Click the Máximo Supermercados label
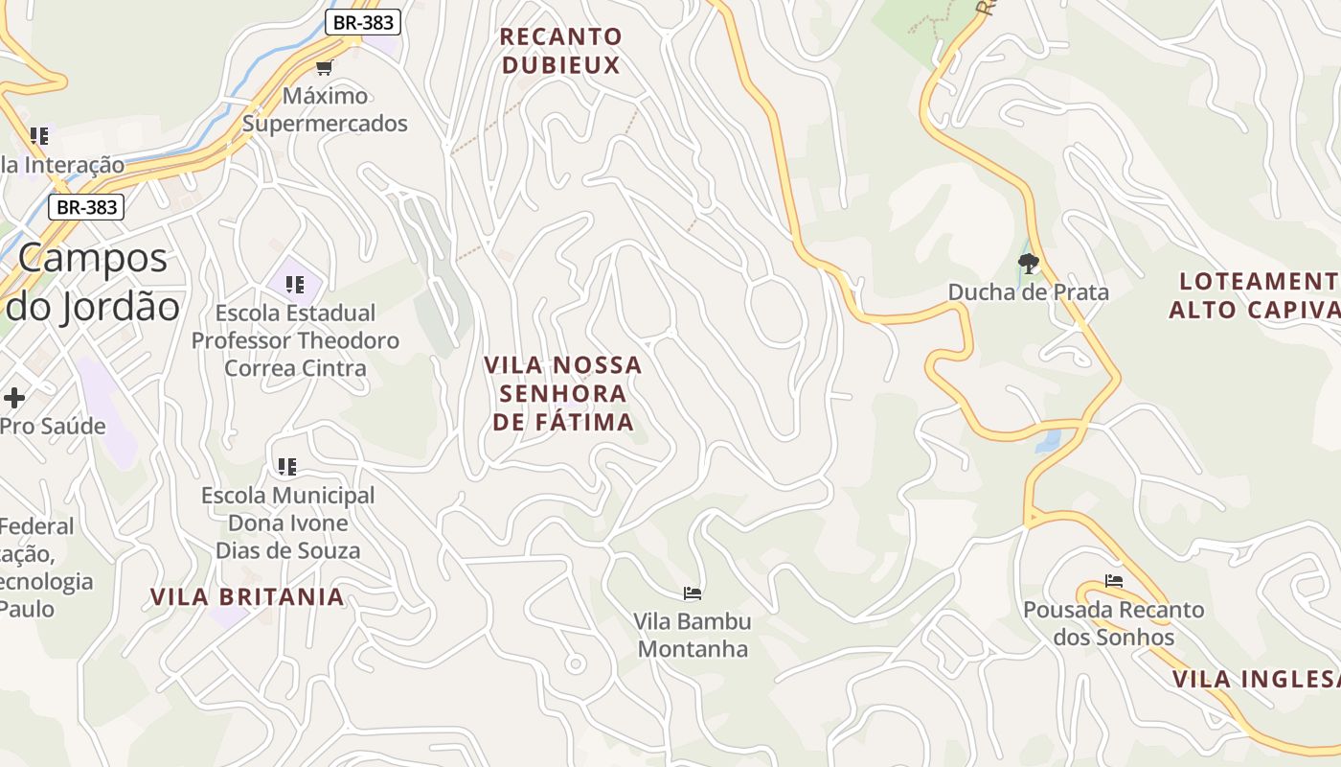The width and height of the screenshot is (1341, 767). [x=325, y=109]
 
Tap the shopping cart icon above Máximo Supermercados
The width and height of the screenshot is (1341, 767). [x=324, y=67]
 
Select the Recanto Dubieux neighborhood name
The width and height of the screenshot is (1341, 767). [x=561, y=51]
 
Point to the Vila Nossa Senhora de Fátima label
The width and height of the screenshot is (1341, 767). [x=563, y=393]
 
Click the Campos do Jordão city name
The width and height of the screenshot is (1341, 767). [x=93, y=282]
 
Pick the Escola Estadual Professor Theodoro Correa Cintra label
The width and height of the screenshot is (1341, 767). [x=295, y=340]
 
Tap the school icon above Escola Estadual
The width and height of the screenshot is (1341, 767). [x=295, y=284]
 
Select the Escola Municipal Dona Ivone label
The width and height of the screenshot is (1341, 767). [x=287, y=523]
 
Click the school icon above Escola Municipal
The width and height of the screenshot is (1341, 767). [x=286, y=467]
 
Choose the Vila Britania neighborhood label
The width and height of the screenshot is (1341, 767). [x=247, y=596]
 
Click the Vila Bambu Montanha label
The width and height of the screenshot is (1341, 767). [x=693, y=635]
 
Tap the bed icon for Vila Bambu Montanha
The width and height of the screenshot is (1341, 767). [x=693, y=593]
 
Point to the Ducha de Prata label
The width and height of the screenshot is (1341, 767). [x=1029, y=292]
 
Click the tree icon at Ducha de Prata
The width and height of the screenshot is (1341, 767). [x=1029, y=263]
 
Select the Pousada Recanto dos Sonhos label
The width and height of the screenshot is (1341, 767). [x=1113, y=623]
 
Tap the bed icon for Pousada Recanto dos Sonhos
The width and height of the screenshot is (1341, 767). [x=1113, y=581]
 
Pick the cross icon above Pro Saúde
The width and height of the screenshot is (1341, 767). [x=14, y=397]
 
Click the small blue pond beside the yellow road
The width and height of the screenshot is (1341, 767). [x=1049, y=440]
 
